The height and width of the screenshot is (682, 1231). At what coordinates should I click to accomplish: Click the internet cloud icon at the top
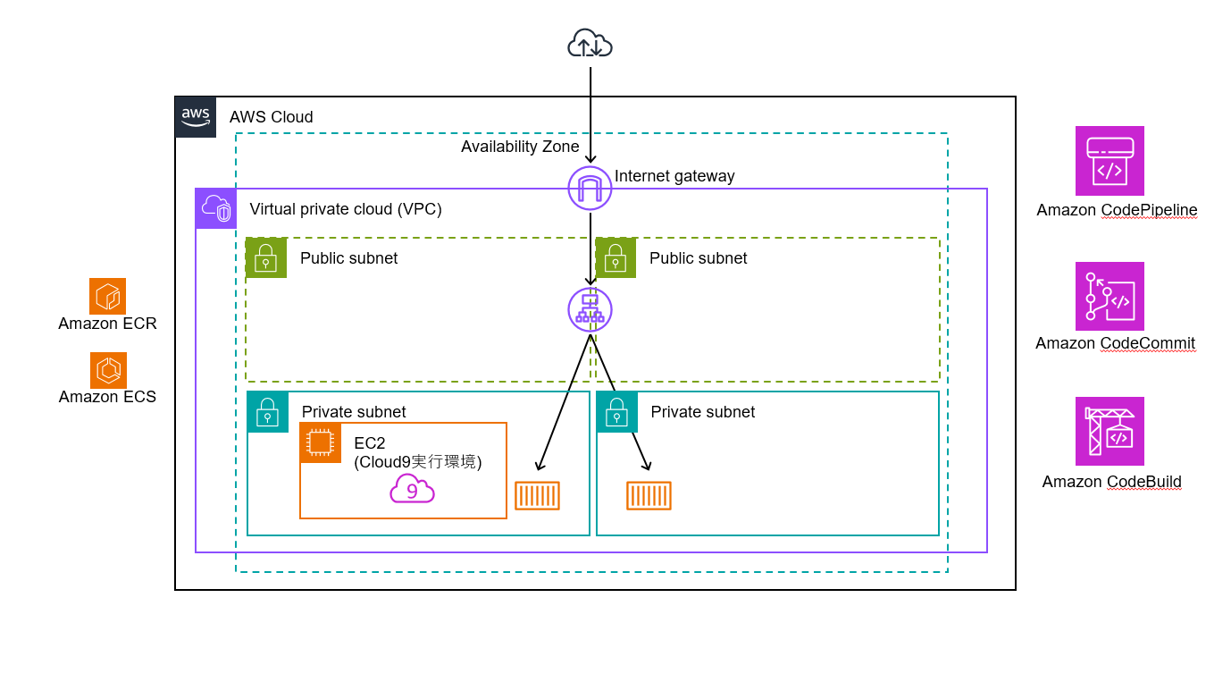590,43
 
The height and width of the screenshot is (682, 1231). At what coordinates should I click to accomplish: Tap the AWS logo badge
196,117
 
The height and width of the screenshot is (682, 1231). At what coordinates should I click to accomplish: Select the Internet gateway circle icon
590,188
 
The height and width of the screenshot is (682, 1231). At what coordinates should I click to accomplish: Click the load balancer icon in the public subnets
590,309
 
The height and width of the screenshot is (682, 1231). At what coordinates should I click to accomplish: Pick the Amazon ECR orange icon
108,296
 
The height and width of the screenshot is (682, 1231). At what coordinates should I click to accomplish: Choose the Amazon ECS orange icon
108,370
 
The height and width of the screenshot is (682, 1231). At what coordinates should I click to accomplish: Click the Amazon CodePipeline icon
1110,161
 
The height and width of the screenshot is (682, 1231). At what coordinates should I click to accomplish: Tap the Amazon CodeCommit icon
1110,296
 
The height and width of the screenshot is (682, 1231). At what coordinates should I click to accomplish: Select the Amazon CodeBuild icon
1110,431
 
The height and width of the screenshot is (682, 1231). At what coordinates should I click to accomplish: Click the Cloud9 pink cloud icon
412,488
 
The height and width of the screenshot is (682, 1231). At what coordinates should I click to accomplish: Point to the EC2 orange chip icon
321,442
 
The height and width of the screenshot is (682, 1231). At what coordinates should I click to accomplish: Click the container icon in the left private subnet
538,495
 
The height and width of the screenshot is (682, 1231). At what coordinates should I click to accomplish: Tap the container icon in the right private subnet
649,495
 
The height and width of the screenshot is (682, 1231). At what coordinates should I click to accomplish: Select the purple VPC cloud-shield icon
216,208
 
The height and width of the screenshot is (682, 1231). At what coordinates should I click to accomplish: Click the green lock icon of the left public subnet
266,257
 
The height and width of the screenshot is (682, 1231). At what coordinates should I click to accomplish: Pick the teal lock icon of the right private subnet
617,412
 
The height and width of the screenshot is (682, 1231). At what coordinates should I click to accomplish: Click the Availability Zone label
520,147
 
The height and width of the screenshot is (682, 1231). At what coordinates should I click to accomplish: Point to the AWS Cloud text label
271,117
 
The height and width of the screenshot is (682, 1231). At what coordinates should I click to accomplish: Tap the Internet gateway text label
674,176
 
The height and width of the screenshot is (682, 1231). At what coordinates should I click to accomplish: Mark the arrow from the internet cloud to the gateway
590,115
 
